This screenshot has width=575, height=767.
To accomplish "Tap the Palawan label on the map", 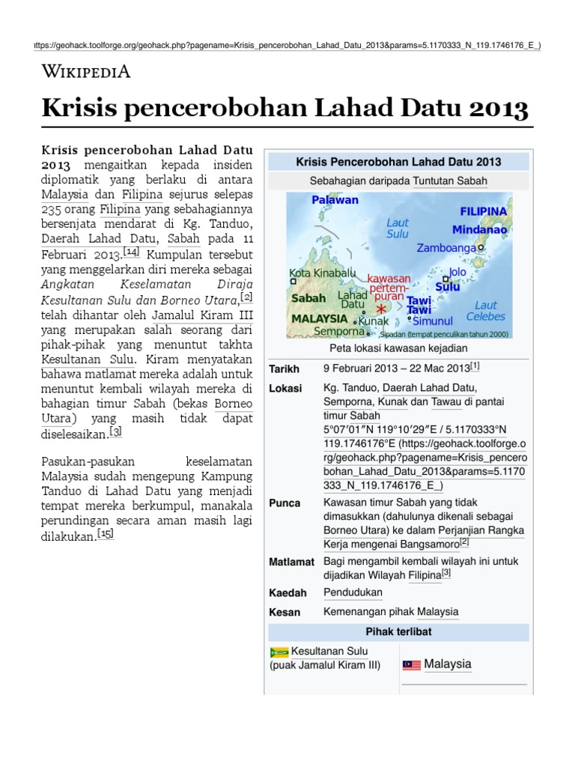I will coord(335,200).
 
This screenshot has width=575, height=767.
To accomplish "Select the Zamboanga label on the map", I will coord(446,247).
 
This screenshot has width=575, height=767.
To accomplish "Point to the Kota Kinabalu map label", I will coord(323,273).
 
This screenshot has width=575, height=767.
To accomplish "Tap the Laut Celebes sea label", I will coord(486,310).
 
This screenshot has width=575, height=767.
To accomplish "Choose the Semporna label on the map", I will coord(339,330).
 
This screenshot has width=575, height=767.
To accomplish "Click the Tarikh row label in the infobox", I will coord(284,369).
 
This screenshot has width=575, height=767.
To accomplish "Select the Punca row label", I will coord(285,503).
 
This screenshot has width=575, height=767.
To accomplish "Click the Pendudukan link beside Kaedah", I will coord(353,592).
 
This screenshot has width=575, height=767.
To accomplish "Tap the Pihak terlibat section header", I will coord(398,632).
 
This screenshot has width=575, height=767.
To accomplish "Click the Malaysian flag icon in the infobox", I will coord(412,665).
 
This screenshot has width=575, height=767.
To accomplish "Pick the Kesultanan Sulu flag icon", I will coord(279,652).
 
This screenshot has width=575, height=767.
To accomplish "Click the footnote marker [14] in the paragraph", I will coord(132,252).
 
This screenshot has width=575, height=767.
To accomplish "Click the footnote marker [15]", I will coord(106,534).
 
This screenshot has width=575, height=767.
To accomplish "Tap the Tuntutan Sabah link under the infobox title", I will coord(450,181).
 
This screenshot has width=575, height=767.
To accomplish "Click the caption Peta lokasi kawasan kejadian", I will coord(398,348).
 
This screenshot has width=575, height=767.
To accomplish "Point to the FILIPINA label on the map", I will coord(483,212).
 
